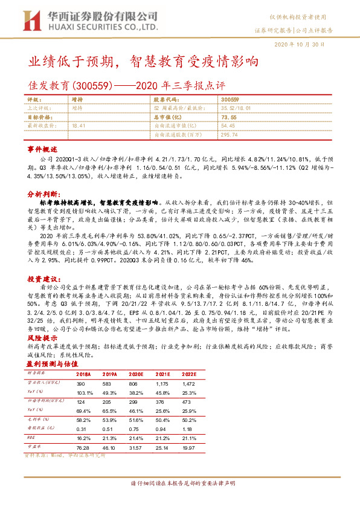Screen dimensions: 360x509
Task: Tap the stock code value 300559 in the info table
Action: [x=230, y=98]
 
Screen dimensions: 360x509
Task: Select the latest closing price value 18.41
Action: [x=79, y=125]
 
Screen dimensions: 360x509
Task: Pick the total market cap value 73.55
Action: [x=229, y=117]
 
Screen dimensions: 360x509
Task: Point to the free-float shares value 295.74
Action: [x=230, y=135]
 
